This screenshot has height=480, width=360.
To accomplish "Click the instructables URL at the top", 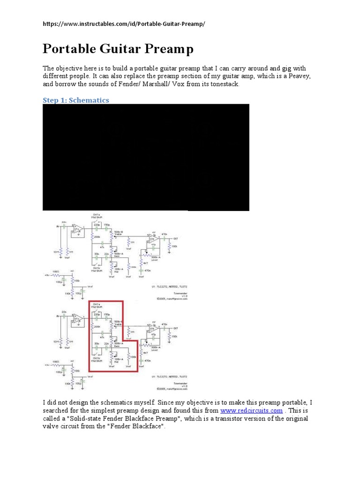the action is click(x=124, y=24).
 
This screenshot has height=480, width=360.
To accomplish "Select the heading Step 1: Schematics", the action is click(x=75, y=100).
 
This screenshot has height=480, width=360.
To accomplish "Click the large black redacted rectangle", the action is click(x=146, y=157).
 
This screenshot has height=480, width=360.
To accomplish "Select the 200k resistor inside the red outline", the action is click(x=97, y=326).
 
